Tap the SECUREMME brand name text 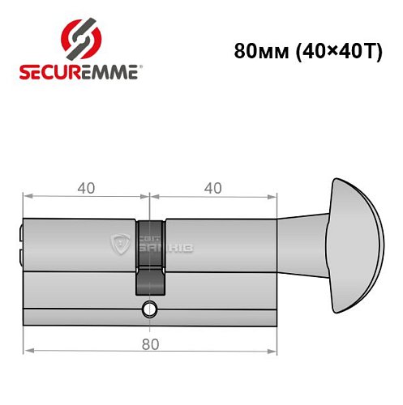(x=79, y=71)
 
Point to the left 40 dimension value (x=86, y=188)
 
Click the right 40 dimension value (x=212, y=188)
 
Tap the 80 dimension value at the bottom (x=148, y=343)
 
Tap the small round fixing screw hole (x=149, y=308)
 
